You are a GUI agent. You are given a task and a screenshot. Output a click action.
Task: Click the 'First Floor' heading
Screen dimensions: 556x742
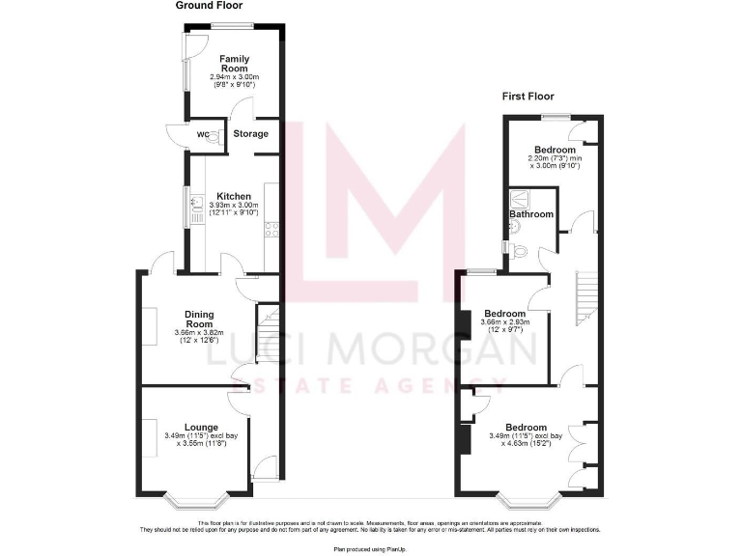click(529, 96)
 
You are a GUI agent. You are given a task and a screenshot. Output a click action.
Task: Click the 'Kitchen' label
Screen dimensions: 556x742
click(234, 196)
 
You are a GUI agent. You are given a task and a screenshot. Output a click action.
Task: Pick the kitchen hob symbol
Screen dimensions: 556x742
click(271, 230)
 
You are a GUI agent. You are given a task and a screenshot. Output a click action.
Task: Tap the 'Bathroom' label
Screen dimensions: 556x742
click(532, 214)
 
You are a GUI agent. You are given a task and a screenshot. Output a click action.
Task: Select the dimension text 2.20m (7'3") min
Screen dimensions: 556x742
click(556, 158)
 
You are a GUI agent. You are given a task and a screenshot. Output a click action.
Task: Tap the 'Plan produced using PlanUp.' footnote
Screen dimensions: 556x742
click(370, 548)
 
